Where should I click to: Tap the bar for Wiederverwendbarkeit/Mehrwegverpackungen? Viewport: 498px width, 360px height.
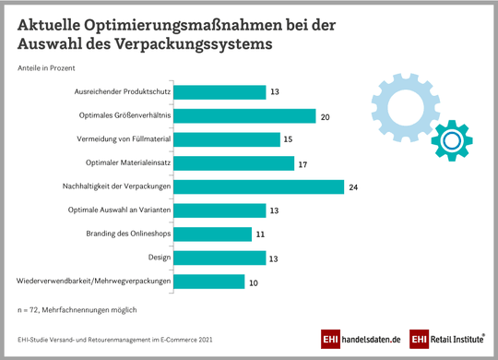pyautogui.click(x=208, y=281)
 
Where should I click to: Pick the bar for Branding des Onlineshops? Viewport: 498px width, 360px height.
pyautogui.click(x=212, y=234)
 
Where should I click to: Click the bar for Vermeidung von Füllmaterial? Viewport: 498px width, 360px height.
pyautogui.click(x=226, y=139)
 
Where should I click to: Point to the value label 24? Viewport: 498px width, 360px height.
pyautogui.click(x=351, y=186)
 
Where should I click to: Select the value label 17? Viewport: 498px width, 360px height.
pyautogui.click(x=302, y=163)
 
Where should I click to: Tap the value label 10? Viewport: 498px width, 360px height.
pyautogui.click(x=253, y=281)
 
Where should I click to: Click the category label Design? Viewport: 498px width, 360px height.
pyautogui.click(x=157, y=258)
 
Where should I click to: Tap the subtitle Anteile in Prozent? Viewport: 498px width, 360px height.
pyautogui.click(x=46, y=68)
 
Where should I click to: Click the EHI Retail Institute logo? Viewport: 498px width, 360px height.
pyautogui.click(x=447, y=339)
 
